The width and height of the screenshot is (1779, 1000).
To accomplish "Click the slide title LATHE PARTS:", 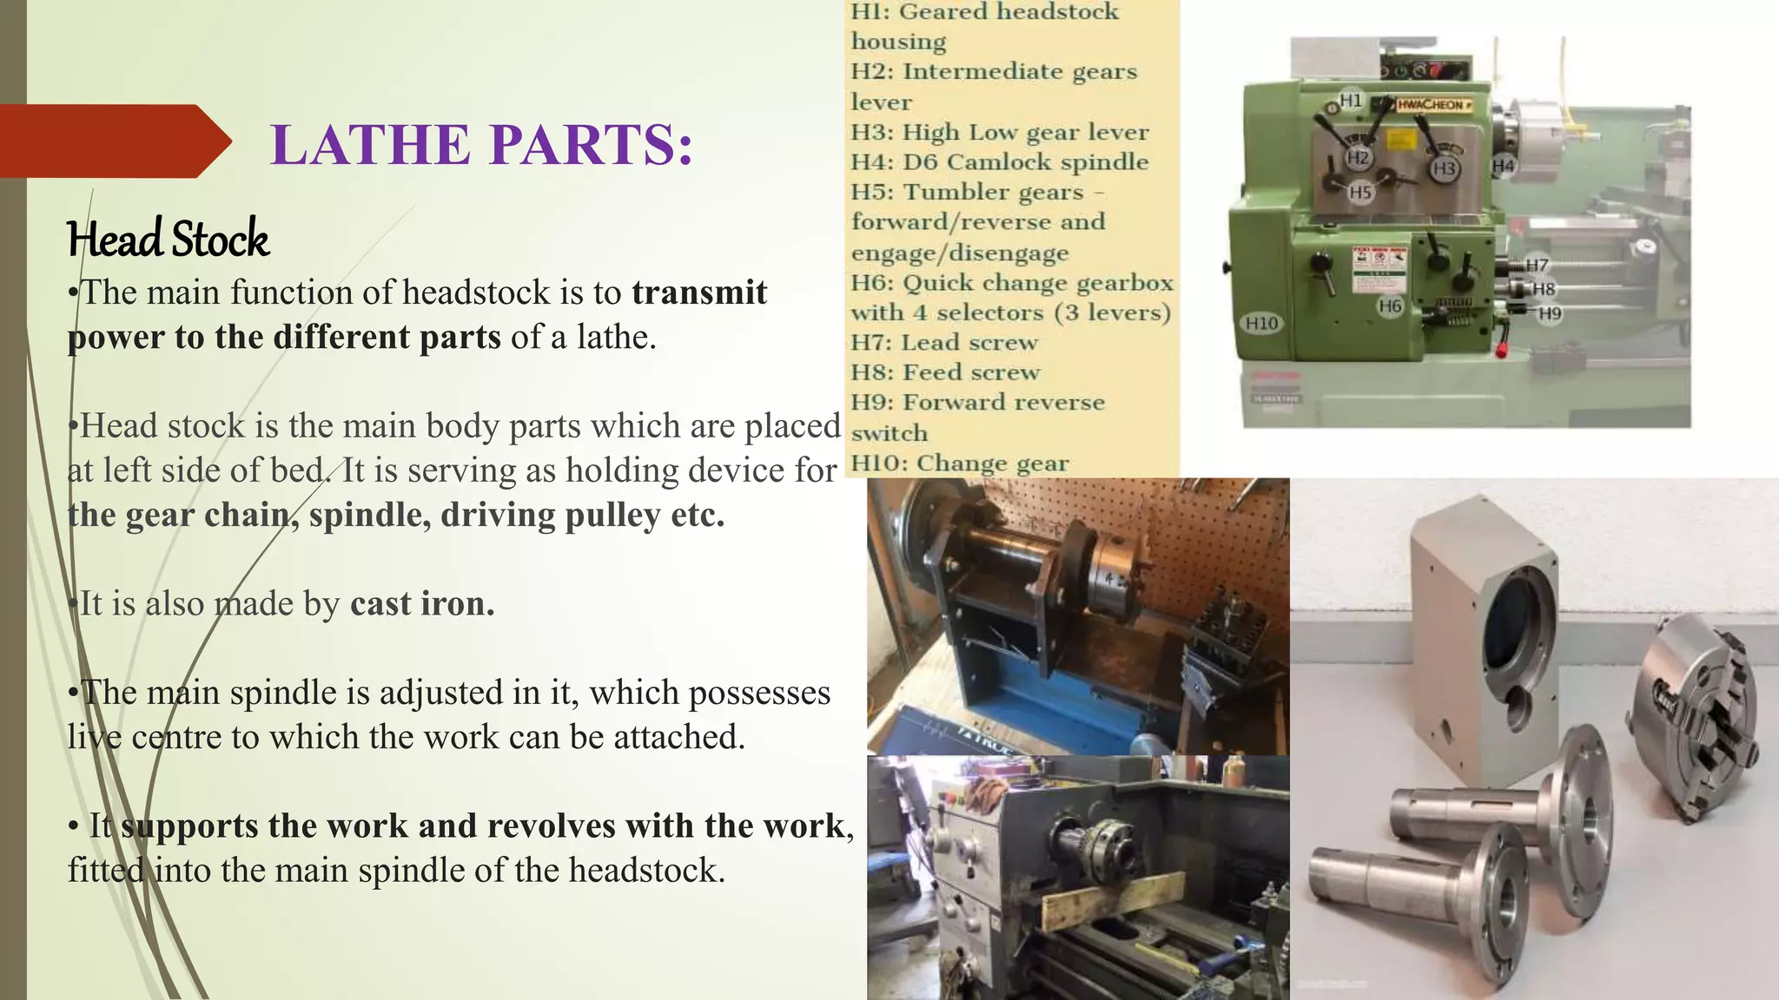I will tap(482, 144).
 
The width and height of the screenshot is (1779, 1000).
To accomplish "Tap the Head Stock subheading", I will tap(169, 240).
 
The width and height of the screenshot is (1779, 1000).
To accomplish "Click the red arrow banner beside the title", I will tap(113, 141).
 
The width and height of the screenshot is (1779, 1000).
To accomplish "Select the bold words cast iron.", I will tap(422, 603).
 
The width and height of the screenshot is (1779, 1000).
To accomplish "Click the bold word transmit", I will tap(699, 293).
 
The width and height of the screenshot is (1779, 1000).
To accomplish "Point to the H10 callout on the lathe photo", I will tap(1261, 324).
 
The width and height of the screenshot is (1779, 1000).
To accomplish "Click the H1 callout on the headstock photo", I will tap(1351, 101).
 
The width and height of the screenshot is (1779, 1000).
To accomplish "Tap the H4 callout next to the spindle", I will tap(1503, 166).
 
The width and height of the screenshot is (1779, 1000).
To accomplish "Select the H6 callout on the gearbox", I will tap(1390, 306).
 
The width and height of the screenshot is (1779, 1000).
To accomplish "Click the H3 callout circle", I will tap(1444, 168).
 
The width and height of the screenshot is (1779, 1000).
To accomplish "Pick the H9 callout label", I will tap(1550, 313).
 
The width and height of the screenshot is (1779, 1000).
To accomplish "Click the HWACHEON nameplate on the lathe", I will tap(1433, 105).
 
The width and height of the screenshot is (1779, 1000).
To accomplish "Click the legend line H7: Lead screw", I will tap(943, 343).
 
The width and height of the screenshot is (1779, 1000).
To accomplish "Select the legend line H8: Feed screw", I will tap(945, 372).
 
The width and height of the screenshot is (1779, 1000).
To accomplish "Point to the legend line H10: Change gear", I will tap(959, 464).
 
